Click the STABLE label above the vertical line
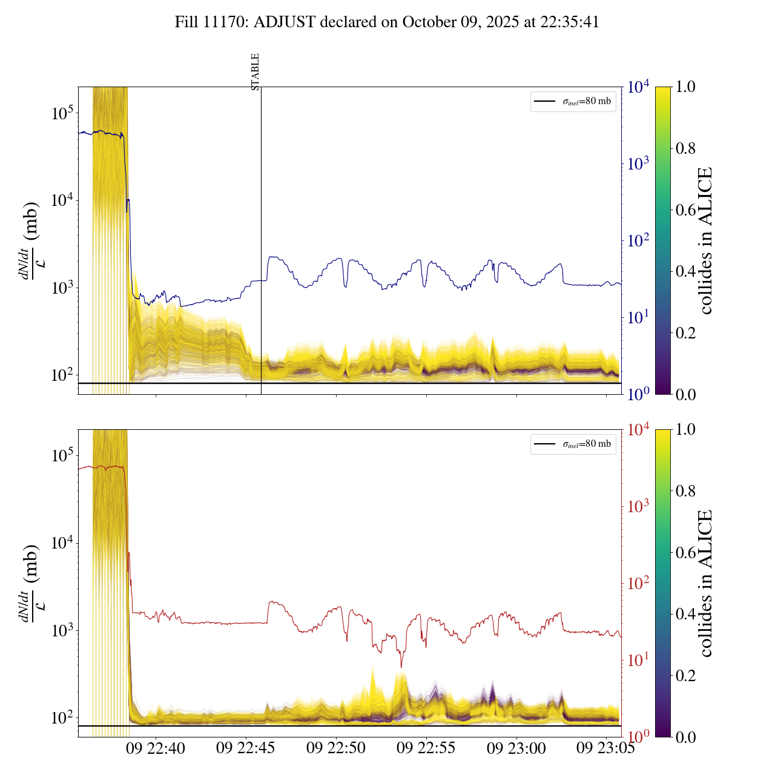click(255, 72)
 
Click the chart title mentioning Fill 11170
click(387, 22)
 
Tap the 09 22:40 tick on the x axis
click(156, 748)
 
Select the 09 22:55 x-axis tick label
click(426, 748)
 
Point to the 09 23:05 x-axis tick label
click(605, 748)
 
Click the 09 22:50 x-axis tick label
click(336, 748)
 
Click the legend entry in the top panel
click(573, 102)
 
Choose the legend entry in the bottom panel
click(573, 444)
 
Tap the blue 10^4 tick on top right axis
click(639, 87)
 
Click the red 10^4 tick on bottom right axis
click(639, 430)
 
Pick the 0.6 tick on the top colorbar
click(685, 210)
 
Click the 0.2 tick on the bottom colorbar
click(685, 676)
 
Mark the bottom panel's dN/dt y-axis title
click(30, 583)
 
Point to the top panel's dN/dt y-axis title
click(30, 240)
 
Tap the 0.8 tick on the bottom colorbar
click(685, 491)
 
